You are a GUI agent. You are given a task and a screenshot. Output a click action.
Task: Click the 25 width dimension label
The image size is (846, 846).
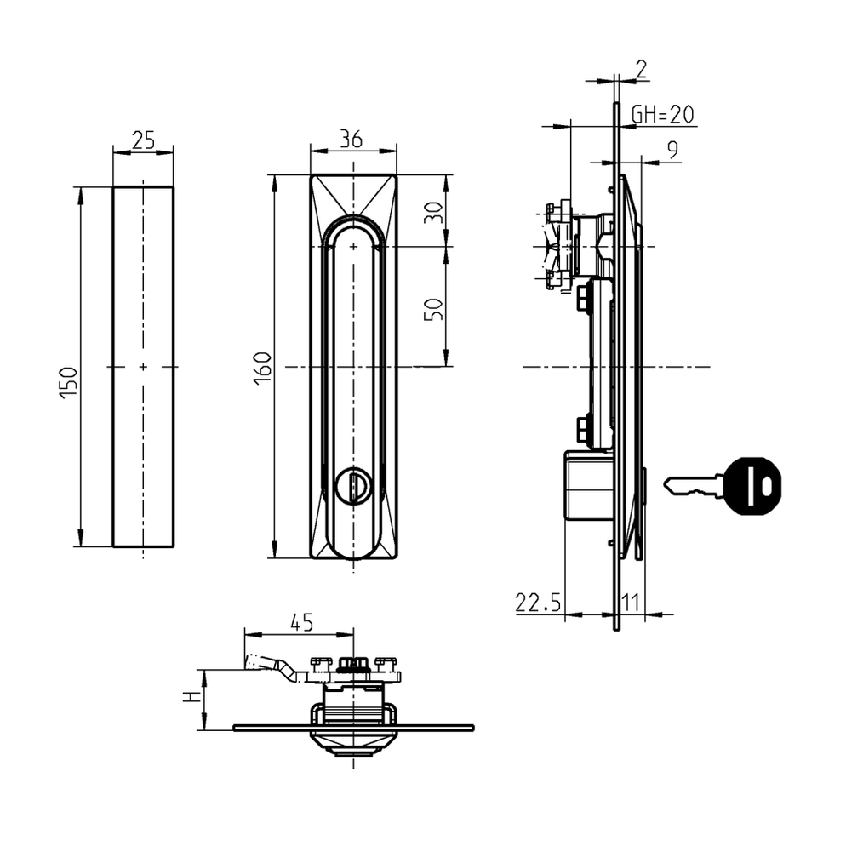coord(143,140)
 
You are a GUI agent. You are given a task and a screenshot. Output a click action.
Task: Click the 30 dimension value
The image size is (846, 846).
coord(434,212)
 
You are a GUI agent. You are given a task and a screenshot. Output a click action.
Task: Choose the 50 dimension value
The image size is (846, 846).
coord(434,308)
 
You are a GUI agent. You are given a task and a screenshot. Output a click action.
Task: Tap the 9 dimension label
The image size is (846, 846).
coord(672,151)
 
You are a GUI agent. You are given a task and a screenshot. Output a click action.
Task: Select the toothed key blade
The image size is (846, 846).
coord(693,486)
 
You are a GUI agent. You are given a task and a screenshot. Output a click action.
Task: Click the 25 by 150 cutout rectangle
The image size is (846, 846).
coord(143,367)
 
